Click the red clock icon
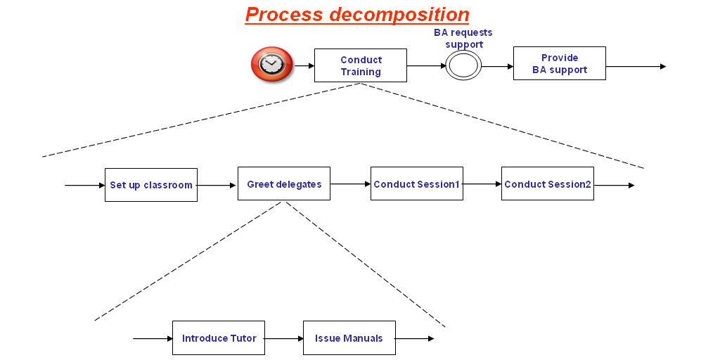271,65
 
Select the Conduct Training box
360,65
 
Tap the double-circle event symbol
463,66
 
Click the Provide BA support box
559,63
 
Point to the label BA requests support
463,39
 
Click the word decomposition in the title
401,14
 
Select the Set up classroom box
150,185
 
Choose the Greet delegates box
283,184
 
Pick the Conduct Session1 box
416,184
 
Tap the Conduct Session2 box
547,184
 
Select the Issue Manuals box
349,337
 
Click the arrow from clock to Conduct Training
304,65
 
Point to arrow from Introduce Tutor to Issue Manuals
283,338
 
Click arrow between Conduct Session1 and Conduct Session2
482,184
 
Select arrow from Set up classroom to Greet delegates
217,186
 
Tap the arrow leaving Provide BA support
636,67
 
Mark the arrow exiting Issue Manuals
415,338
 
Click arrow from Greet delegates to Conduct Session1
350,184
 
